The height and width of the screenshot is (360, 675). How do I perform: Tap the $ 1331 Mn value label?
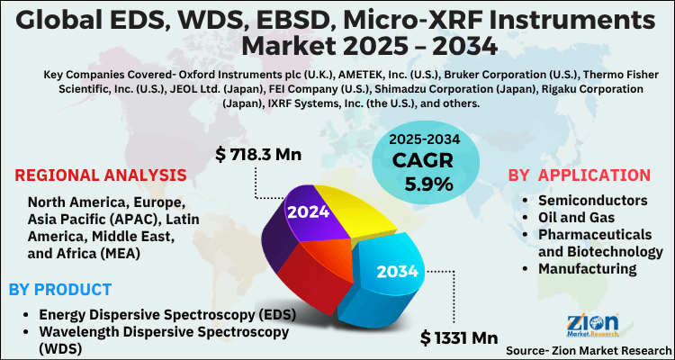point(459,337)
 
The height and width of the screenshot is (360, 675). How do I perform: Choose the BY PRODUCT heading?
point(60,289)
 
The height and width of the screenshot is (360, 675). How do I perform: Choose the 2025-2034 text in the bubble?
point(423,141)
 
